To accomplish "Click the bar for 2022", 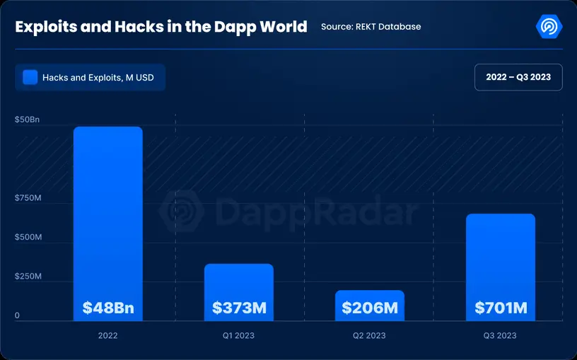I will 107,212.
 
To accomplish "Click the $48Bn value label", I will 107,308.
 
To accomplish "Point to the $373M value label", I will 239,308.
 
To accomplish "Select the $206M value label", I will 370,308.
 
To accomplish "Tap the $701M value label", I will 501,308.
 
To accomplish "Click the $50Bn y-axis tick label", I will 28,120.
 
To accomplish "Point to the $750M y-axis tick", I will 28,198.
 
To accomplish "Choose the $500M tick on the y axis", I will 28,237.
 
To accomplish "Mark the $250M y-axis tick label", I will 28,276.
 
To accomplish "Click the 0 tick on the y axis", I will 17,315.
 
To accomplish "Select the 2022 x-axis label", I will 107,335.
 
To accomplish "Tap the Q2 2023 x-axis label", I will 370,335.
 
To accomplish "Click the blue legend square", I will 30,77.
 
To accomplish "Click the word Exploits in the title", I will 45,27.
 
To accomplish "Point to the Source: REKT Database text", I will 371,27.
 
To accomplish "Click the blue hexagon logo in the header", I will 549,26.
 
